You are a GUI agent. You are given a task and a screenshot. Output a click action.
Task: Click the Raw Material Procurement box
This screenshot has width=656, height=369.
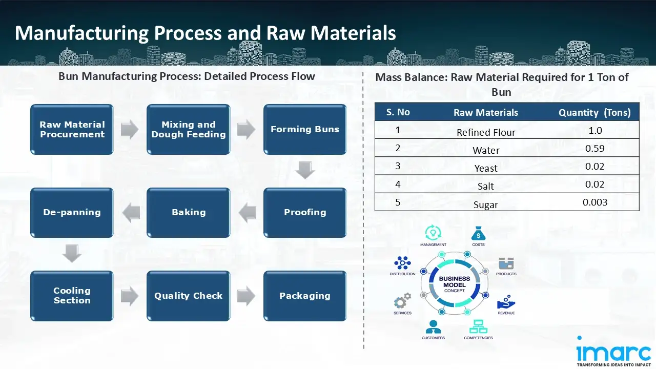(72, 130)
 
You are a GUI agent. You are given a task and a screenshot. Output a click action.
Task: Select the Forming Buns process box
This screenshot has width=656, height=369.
(305, 130)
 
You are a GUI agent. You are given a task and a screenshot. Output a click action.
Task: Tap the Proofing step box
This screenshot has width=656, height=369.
(305, 213)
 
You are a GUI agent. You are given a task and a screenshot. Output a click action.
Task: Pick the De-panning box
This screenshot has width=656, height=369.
(72, 213)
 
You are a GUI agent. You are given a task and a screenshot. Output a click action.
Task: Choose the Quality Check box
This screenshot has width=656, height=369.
(188, 296)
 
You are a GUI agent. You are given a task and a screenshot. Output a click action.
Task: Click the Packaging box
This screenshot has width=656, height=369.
(305, 296)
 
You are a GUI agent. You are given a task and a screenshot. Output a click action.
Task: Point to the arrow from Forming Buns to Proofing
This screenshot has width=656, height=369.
(305, 170)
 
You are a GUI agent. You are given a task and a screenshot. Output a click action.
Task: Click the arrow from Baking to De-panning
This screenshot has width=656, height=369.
(130, 213)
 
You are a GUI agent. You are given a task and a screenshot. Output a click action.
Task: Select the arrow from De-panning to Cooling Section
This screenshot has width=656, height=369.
(72, 253)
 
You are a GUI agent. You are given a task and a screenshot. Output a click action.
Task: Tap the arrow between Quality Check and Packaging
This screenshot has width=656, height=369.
(247, 296)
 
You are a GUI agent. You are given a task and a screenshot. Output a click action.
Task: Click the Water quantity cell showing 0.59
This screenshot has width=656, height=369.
(594, 149)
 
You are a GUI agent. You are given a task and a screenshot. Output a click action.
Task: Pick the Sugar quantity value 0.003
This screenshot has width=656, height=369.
(594, 202)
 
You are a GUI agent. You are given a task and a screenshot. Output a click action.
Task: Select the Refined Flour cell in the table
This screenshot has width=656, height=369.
(486, 132)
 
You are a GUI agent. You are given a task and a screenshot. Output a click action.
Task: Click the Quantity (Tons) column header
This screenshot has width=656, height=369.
(594, 113)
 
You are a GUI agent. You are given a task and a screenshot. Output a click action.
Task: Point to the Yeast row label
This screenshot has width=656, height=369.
(486, 168)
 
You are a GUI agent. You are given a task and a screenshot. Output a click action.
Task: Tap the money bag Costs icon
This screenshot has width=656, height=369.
(478, 234)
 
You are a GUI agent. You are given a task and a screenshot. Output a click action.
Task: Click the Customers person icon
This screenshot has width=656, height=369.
(433, 326)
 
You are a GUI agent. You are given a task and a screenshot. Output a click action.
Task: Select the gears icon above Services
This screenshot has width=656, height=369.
(402, 300)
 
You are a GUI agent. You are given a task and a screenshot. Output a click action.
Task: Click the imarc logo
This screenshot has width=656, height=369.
(613, 353)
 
